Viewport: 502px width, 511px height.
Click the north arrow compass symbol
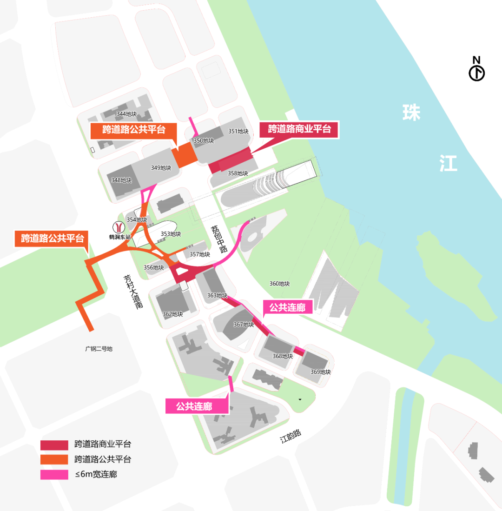click(476, 73)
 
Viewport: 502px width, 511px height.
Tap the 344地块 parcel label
click(126, 114)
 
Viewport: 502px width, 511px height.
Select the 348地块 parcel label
click(122, 180)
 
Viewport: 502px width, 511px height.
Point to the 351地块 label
click(238, 132)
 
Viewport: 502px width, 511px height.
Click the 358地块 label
click(238, 173)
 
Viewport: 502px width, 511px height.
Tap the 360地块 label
click(279, 284)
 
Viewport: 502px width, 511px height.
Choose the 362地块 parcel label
click(172, 314)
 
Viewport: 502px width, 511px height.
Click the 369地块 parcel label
click(320, 372)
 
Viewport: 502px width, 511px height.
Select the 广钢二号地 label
click(99, 348)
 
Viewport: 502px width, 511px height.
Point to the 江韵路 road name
click(291, 436)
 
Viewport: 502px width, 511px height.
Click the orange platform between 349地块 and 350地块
click(185, 155)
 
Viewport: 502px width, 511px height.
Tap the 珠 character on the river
click(412, 113)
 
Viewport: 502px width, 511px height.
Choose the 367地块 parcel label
click(244, 325)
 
